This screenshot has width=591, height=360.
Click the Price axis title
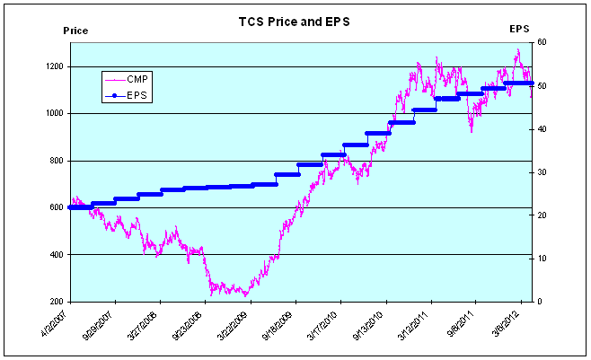click(x=75, y=31)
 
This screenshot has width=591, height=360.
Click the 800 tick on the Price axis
click(x=55, y=161)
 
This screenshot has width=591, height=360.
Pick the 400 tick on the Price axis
click(x=55, y=255)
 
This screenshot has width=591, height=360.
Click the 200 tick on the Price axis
click(x=55, y=302)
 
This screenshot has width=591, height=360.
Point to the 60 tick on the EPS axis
click(x=542, y=42)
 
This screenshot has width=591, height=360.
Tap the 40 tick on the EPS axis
click(x=542, y=128)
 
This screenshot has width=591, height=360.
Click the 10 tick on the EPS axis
click(x=542, y=259)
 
